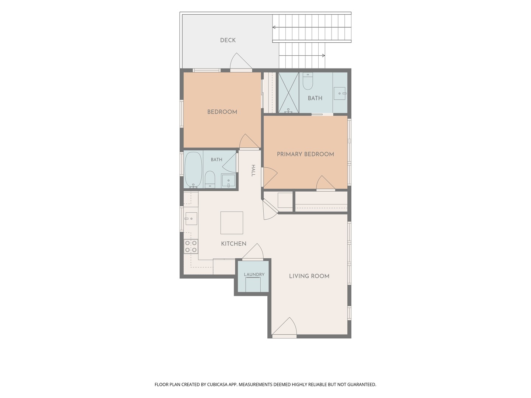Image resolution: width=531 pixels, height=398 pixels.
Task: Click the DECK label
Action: click(x=228, y=40)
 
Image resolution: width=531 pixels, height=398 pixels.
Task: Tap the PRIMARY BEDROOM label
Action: click(x=305, y=154)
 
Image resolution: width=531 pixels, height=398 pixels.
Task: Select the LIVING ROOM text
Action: click(x=309, y=276)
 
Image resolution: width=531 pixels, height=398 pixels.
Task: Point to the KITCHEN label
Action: click(x=234, y=244)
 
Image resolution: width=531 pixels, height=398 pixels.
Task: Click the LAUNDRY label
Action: click(x=254, y=274)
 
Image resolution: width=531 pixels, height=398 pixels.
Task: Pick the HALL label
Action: click(x=253, y=171)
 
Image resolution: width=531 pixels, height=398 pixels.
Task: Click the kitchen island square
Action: click(x=232, y=223)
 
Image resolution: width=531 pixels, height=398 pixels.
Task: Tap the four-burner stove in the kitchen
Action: click(x=191, y=246)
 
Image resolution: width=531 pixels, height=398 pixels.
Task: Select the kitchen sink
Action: click(x=191, y=219)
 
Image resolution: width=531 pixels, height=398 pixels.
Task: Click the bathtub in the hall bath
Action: click(x=193, y=170)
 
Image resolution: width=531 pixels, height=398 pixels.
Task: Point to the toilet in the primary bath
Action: click(x=308, y=81)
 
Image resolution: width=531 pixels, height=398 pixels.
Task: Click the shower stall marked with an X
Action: click(x=289, y=92)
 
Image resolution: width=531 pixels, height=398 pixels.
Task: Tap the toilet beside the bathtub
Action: click(x=210, y=179)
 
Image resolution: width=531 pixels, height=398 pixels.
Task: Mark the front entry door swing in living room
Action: click(x=284, y=326)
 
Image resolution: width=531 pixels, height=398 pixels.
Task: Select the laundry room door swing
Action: click(x=253, y=251)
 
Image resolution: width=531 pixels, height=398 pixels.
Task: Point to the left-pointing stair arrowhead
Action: click(x=274, y=27)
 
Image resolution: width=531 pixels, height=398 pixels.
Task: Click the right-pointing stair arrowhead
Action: click(x=323, y=56)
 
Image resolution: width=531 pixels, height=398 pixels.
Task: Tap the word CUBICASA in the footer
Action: click(x=217, y=384)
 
